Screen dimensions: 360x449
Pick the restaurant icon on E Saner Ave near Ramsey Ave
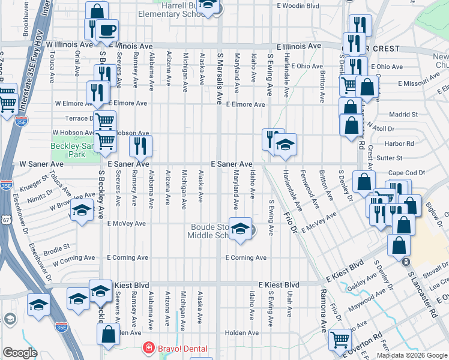coord(140,146)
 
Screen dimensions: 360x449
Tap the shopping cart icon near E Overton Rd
coord(340,339)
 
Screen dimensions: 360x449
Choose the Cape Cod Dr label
coord(406,173)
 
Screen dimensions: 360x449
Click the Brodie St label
coord(59,246)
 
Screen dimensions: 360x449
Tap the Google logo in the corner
coord(19,353)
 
